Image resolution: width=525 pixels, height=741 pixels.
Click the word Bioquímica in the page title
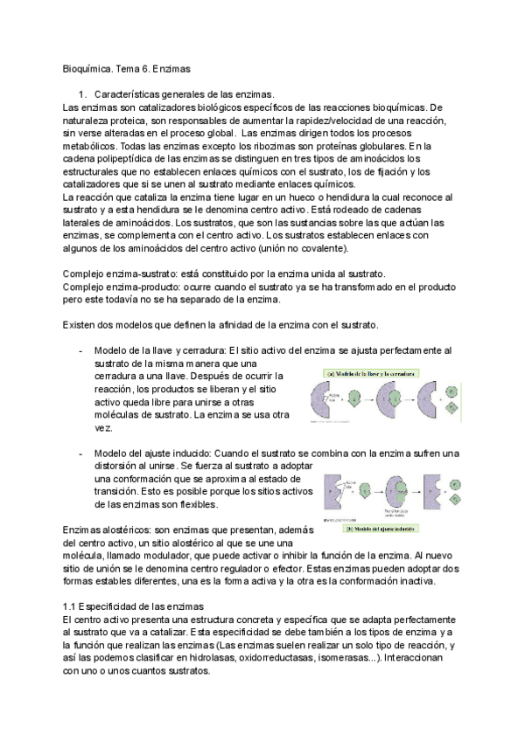click(89, 66)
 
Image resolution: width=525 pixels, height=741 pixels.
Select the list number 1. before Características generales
click(83, 93)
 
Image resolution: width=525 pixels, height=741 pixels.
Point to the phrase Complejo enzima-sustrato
click(112, 274)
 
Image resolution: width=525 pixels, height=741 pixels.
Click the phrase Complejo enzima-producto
click(113, 287)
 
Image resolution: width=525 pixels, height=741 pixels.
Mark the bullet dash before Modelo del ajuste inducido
click(80, 453)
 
